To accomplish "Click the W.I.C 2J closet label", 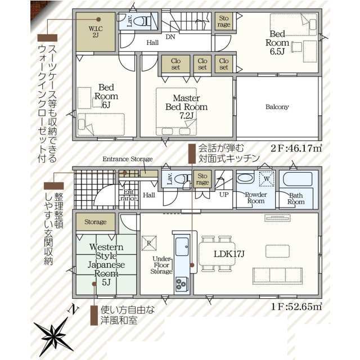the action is pyautogui.click(x=96, y=32).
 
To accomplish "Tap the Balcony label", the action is pyautogui.click(x=277, y=107).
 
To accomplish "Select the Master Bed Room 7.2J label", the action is pyautogui.click(x=186, y=107).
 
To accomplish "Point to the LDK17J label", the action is pyautogui.click(x=229, y=254).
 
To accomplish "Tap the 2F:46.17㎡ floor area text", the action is pyautogui.click(x=296, y=148).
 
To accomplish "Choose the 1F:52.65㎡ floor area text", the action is pyautogui.click(x=296, y=306).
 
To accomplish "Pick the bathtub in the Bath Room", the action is pyautogui.click(x=298, y=179).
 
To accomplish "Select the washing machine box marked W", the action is pyautogui.click(x=267, y=178).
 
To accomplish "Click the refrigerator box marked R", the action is pyautogui.click(x=149, y=243).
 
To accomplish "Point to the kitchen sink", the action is pyautogui.click(x=182, y=246).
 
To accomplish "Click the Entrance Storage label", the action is pyautogui.click(x=128, y=159).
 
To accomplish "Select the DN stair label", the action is pyautogui.click(x=170, y=37).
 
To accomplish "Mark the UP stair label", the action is pyautogui.click(x=224, y=195).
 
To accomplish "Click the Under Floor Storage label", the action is pyautogui.click(x=161, y=265).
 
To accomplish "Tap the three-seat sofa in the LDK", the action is pyautogui.click(x=277, y=275).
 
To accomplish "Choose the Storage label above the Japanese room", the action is pyautogui.click(x=96, y=222).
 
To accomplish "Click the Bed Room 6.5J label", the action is pyautogui.click(x=277, y=43).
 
